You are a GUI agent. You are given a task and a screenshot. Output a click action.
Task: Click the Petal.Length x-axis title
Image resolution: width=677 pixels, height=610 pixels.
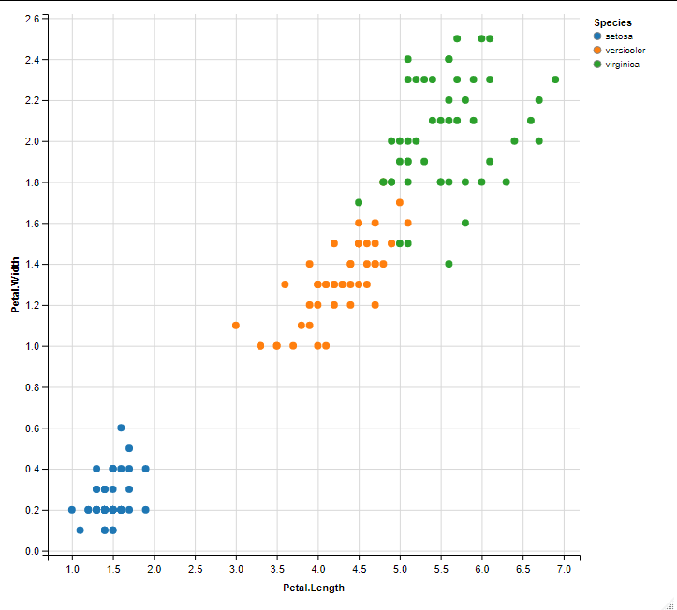pos(314,588)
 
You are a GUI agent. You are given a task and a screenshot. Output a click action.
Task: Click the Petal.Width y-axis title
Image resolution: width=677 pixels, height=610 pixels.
pos(16,285)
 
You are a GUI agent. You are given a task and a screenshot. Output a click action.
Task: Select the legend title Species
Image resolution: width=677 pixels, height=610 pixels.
pos(612,22)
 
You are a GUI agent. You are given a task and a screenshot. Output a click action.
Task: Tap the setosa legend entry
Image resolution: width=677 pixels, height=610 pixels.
pos(618,36)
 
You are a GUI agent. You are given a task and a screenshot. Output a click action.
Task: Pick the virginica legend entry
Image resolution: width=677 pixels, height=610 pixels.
pos(623,64)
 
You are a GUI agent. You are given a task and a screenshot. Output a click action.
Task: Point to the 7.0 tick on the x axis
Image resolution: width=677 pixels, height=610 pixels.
pos(564,569)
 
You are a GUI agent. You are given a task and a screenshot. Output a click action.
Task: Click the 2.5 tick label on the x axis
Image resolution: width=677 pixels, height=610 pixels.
pos(195,569)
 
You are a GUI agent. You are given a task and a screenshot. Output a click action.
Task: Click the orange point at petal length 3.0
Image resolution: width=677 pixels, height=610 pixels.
pos(236,326)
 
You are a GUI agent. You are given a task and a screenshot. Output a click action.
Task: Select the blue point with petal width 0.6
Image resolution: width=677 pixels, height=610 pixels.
pos(121,428)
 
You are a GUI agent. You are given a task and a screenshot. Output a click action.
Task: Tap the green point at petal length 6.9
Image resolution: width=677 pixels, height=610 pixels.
pos(555,80)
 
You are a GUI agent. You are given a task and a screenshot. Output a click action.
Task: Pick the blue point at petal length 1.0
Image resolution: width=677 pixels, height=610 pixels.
pos(72,510)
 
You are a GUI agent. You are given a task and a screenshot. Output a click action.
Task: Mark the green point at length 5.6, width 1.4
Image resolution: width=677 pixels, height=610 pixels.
pos(449,264)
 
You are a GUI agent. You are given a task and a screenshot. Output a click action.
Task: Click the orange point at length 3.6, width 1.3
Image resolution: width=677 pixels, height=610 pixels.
pos(285,284)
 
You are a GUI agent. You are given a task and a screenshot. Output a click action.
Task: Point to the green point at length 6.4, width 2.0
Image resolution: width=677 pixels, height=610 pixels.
pos(514,141)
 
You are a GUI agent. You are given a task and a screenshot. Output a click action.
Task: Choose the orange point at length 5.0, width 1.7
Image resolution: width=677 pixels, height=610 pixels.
pos(400,202)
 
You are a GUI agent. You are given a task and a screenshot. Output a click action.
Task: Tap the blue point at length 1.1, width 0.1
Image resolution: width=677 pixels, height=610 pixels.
pos(80,530)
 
